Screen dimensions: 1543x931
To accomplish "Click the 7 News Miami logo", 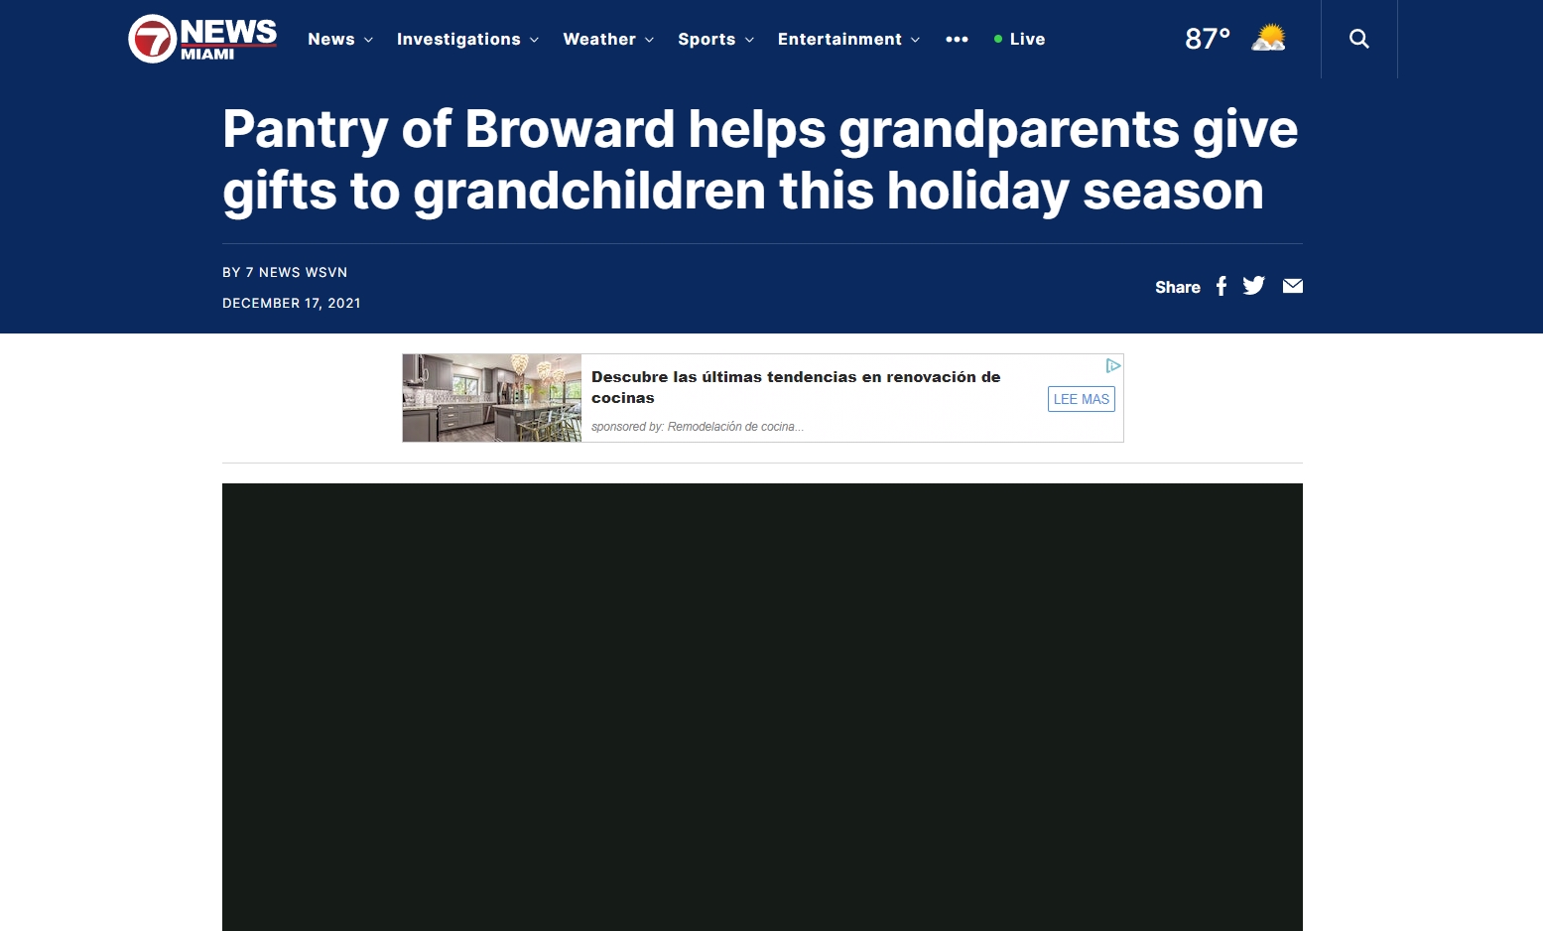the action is [x=202, y=39].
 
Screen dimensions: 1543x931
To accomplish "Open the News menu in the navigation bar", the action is [x=340, y=40].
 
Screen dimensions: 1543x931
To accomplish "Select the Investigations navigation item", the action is [x=467, y=40].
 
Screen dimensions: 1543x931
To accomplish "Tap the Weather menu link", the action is [x=608, y=40].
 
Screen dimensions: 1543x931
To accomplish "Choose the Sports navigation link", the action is [x=715, y=40].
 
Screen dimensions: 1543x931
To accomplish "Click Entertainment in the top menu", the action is [x=848, y=40].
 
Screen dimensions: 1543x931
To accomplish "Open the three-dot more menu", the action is [x=957, y=40].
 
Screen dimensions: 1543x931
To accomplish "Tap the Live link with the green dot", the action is [x=1019, y=40].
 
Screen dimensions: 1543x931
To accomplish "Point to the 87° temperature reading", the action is [x=1208, y=39].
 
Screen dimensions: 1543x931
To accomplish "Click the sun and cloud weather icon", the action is [x=1269, y=38].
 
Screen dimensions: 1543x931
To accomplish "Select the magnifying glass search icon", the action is [x=1359, y=39].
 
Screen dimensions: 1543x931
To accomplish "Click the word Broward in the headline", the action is [x=570, y=129].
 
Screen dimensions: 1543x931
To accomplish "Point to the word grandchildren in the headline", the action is [x=589, y=191].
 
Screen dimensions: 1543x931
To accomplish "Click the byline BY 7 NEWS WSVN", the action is [x=285, y=272].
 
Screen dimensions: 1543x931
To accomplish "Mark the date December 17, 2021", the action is [x=292, y=303].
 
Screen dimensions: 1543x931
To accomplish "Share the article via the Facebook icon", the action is [x=1222, y=286].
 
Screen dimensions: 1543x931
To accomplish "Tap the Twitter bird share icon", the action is [x=1253, y=285].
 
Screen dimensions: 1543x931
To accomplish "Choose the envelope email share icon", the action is [x=1292, y=285].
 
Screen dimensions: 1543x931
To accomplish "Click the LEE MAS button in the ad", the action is [x=1082, y=399].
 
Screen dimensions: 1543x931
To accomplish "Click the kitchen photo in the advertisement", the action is [x=492, y=398].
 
